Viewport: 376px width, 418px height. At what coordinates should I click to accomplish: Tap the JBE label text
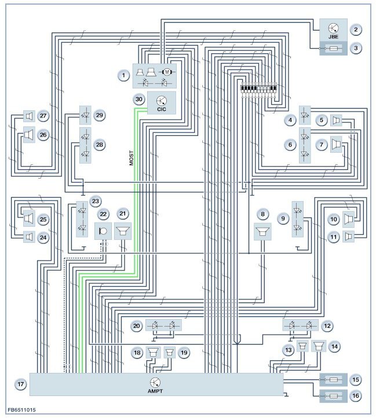click(333, 36)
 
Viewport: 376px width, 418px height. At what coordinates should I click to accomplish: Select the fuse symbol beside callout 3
click(333, 49)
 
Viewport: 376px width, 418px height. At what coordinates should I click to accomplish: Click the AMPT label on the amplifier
click(155, 390)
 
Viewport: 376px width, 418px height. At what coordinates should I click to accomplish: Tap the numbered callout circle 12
click(327, 326)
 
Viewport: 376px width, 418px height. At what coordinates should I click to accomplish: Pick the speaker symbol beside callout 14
click(317, 347)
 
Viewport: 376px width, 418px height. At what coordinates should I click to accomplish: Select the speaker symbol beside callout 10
click(349, 219)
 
